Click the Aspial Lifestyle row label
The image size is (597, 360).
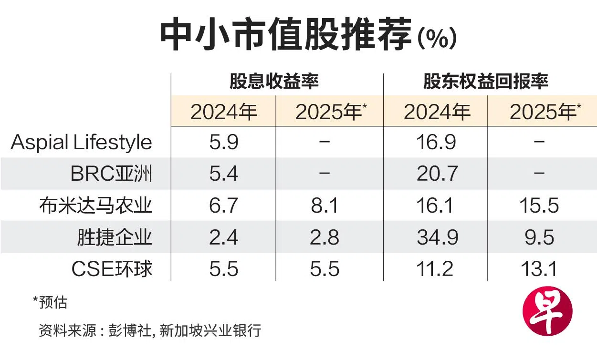(x=81, y=142)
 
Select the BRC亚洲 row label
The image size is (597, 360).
(x=111, y=174)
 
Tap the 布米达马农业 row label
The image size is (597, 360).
(x=95, y=206)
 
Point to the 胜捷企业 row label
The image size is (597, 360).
(x=115, y=237)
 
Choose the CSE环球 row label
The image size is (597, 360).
(x=112, y=268)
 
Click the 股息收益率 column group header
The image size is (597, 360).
(x=274, y=81)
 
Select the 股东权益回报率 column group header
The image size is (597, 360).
(x=486, y=81)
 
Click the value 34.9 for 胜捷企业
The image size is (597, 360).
(x=437, y=237)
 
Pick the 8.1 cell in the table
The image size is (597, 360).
(x=325, y=206)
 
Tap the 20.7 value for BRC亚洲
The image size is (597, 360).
(x=437, y=174)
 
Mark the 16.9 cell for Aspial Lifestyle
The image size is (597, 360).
(x=436, y=142)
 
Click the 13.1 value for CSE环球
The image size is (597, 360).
(x=539, y=269)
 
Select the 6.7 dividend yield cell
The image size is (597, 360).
(x=223, y=206)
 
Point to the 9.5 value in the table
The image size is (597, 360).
(x=539, y=237)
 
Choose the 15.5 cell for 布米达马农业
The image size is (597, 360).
(x=539, y=206)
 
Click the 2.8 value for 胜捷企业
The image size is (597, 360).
(x=325, y=237)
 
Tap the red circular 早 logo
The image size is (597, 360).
(x=548, y=311)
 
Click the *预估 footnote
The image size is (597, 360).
(x=50, y=302)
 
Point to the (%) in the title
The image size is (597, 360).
(x=437, y=39)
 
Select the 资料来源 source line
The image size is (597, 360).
(x=150, y=330)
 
